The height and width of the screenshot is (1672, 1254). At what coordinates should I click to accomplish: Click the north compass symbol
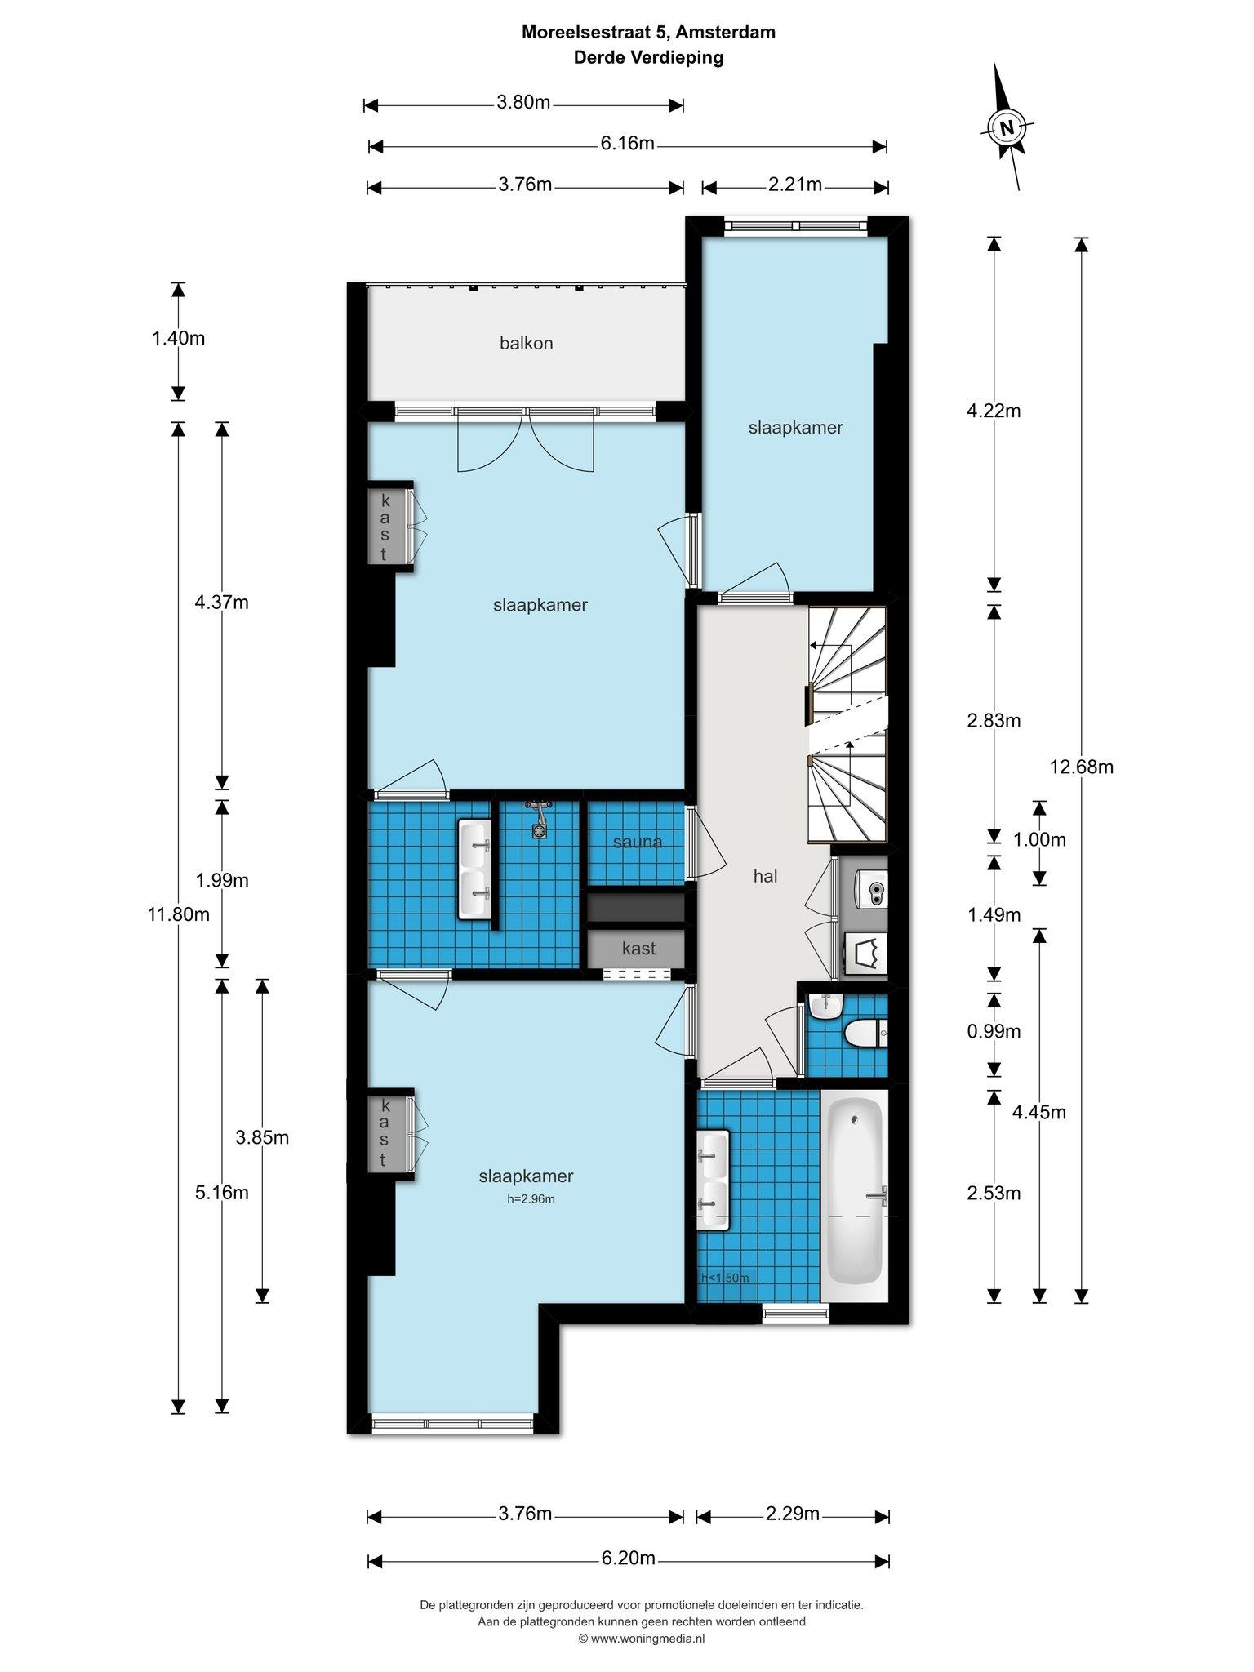click(x=1007, y=127)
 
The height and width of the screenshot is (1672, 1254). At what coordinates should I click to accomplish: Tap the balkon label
click(x=527, y=344)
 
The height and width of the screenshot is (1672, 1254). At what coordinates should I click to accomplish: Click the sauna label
click(x=638, y=842)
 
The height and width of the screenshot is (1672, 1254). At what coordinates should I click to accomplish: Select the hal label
click(x=765, y=876)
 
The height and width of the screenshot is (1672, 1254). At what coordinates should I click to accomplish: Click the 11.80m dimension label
click(x=178, y=914)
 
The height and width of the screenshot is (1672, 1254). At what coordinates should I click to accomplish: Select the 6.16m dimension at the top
click(x=627, y=145)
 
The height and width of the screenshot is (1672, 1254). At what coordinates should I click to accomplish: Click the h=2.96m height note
click(x=531, y=1199)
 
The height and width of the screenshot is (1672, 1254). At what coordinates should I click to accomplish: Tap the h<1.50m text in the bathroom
click(x=725, y=1278)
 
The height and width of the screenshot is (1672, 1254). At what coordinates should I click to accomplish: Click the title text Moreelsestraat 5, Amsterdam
click(x=649, y=33)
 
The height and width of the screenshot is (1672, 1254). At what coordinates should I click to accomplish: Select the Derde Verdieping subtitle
click(x=649, y=58)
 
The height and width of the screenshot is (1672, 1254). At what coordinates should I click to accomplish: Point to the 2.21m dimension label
click(x=794, y=185)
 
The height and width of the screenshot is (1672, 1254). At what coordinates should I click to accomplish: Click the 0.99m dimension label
click(x=994, y=1031)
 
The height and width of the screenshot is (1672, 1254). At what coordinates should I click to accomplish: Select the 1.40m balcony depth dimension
click(x=178, y=338)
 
